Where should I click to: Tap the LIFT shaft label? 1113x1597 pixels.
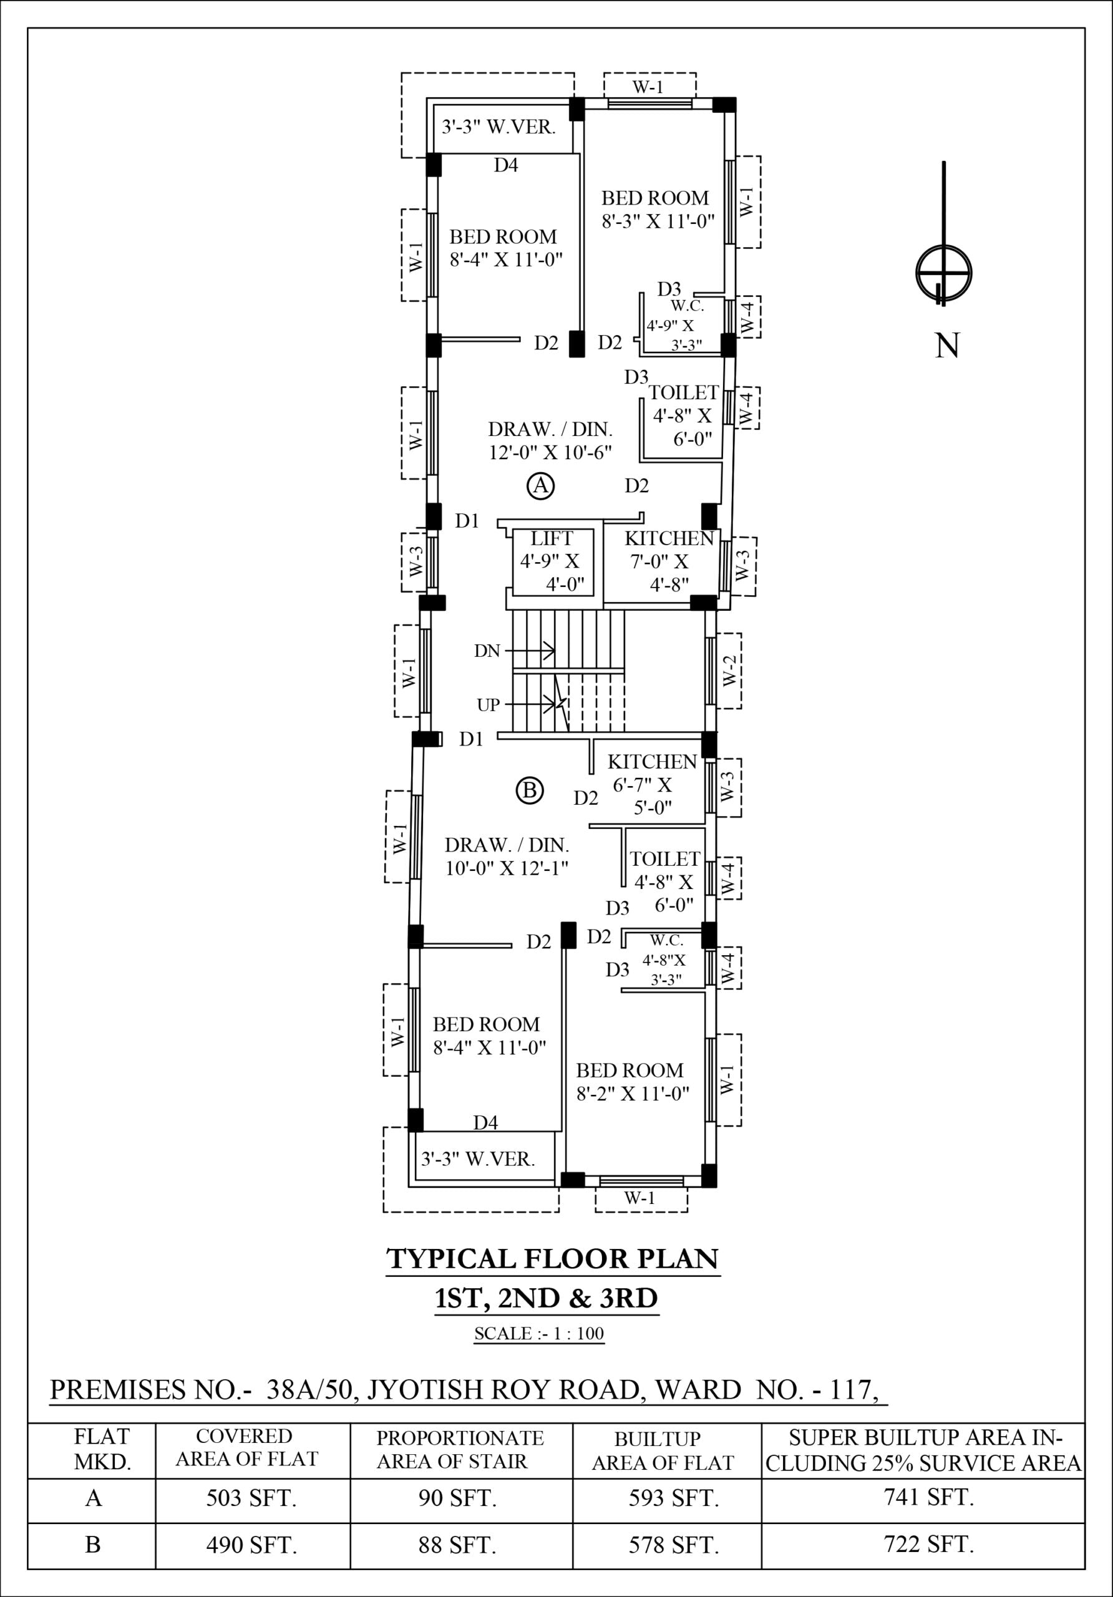[552, 538]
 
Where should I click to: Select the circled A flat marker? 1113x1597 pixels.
[540, 485]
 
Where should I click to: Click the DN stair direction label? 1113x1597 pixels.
[487, 651]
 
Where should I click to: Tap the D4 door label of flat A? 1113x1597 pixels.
[506, 165]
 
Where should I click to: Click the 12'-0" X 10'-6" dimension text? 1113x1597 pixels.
[550, 453]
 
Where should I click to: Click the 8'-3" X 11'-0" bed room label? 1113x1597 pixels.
[658, 222]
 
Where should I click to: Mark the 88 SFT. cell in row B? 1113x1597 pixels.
[457, 1545]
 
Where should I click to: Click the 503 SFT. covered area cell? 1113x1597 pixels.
[251, 1498]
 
